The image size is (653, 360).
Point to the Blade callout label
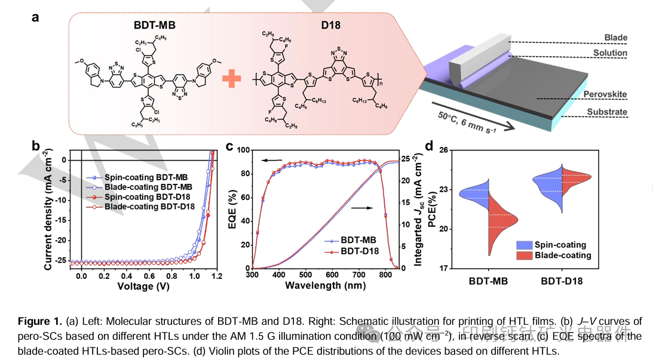[615, 38]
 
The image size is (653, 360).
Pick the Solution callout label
[610, 53]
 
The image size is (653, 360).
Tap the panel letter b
[36, 145]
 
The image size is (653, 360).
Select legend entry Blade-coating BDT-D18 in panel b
[149, 207]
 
